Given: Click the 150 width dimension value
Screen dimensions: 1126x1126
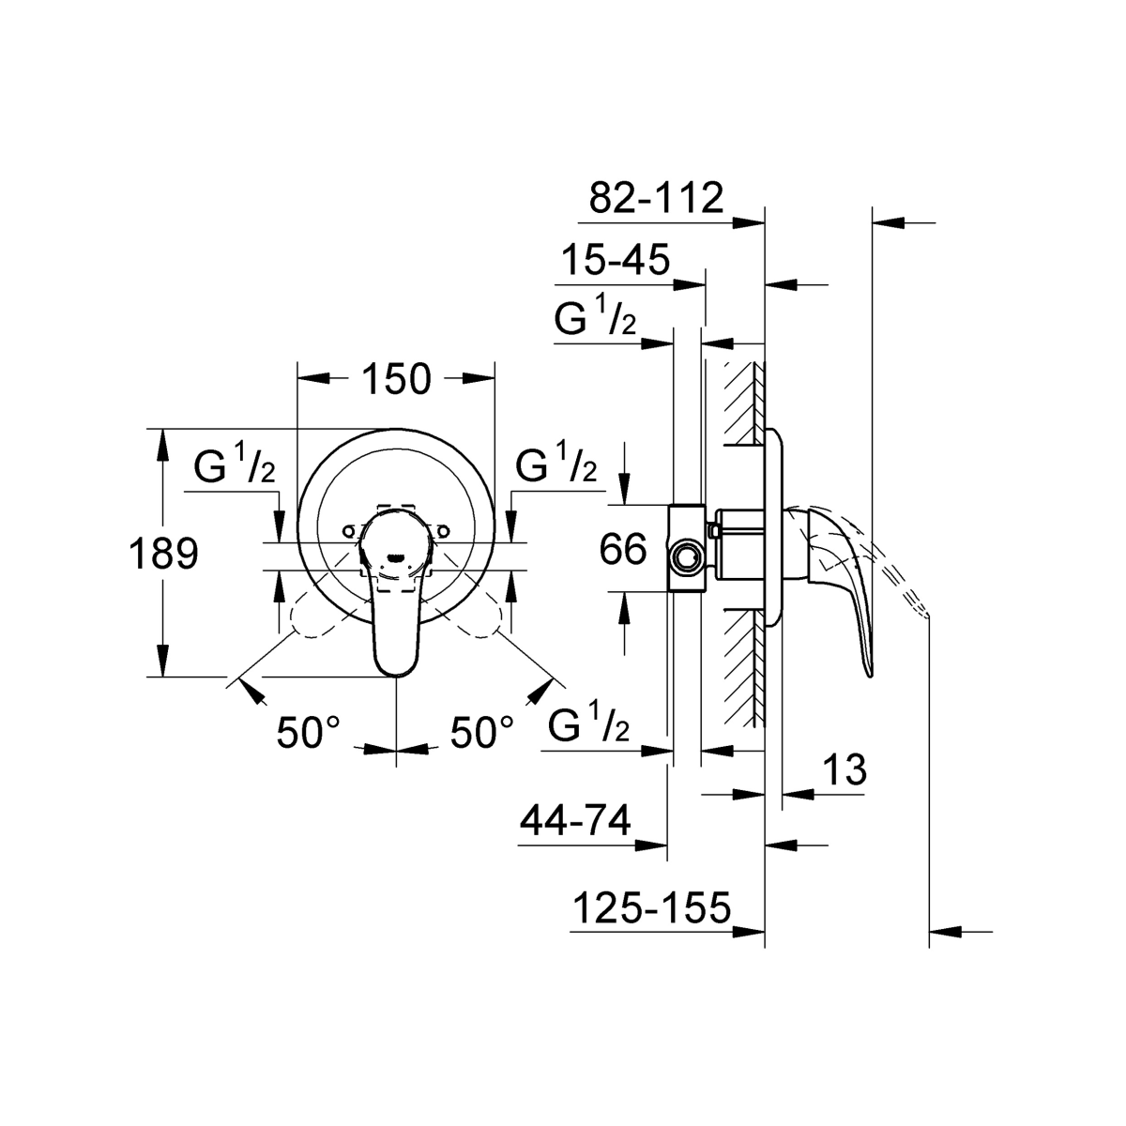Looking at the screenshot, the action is pyautogui.click(x=396, y=379).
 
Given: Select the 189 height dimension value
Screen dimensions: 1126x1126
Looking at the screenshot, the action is pyautogui.click(x=163, y=554).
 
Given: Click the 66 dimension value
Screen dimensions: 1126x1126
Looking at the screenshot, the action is pyautogui.click(x=623, y=549).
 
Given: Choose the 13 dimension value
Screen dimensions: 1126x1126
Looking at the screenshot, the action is pyautogui.click(x=844, y=769).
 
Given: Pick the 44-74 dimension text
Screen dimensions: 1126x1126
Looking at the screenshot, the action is pyautogui.click(x=575, y=820).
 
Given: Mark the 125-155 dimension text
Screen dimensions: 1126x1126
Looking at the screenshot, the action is pyautogui.click(x=652, y=907).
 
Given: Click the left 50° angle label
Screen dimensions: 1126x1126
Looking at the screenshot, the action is pyautogui.click(x=308, y=732).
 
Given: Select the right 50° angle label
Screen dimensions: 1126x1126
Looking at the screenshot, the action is pyautogui.click(x=481, y=732).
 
